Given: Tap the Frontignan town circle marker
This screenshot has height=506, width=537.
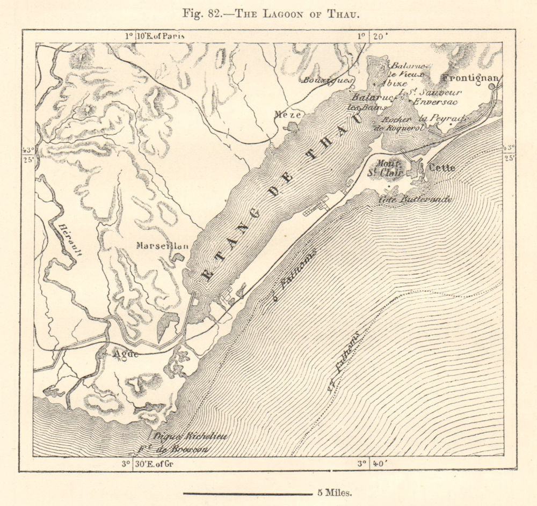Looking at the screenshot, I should (x=491, y=86).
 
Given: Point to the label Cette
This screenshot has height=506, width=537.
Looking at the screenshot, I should (x=441, y=167).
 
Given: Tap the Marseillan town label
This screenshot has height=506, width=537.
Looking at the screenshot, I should (x=162, y=246).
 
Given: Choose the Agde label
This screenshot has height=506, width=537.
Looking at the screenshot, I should (x=126, y=354).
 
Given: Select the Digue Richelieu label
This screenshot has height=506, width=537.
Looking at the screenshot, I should (x=191, y=436).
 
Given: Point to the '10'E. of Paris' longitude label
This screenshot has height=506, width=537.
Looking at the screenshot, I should (x=160, y=36).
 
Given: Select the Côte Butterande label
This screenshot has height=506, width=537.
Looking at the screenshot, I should (x=415, y=199).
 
